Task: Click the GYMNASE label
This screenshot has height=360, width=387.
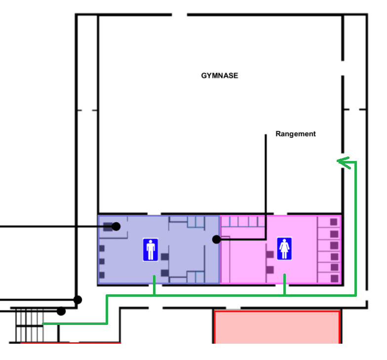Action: point(219,76)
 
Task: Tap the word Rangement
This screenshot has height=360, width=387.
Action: point(295,134)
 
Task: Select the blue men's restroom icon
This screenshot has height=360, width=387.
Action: point(151,249)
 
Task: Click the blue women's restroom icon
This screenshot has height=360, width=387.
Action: point(284,249)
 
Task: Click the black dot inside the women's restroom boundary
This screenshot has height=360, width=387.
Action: point(216,239)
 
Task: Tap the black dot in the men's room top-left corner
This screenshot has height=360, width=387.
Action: point(116,226)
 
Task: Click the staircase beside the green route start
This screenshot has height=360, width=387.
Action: point(30,325)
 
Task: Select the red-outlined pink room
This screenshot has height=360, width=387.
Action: point(277,327)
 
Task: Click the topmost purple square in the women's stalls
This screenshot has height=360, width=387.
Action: point(334,222)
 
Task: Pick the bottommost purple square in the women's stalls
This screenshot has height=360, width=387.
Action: point(335,279)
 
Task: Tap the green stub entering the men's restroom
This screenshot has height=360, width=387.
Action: point(154,285)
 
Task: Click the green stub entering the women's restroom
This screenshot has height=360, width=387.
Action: point(284,284)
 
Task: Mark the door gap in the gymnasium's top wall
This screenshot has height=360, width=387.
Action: point(180,15)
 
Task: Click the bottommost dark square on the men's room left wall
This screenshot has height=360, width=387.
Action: point(102,275)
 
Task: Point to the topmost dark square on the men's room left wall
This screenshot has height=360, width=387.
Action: point(102,248)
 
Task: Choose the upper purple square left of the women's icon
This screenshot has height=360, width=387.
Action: point(270,254)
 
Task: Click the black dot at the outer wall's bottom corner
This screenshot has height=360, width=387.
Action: point(77,300)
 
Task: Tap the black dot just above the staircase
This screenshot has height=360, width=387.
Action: point(61,311)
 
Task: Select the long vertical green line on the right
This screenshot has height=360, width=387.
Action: point(355,228)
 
